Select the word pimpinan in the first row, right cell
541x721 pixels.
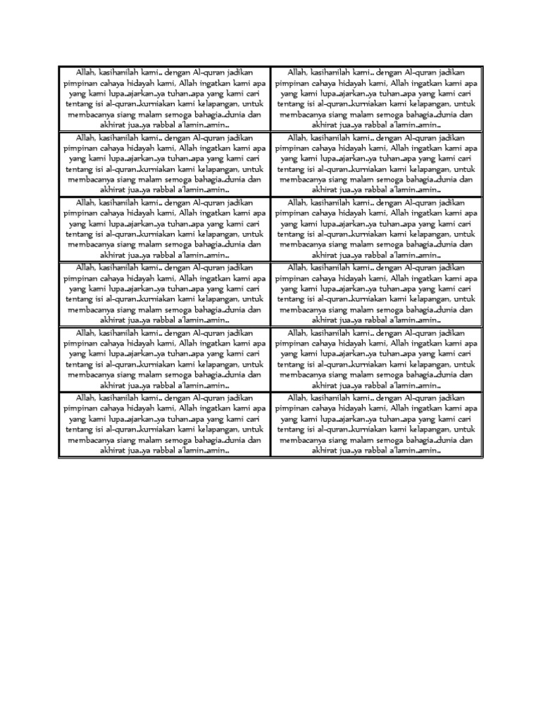[292, 82]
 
